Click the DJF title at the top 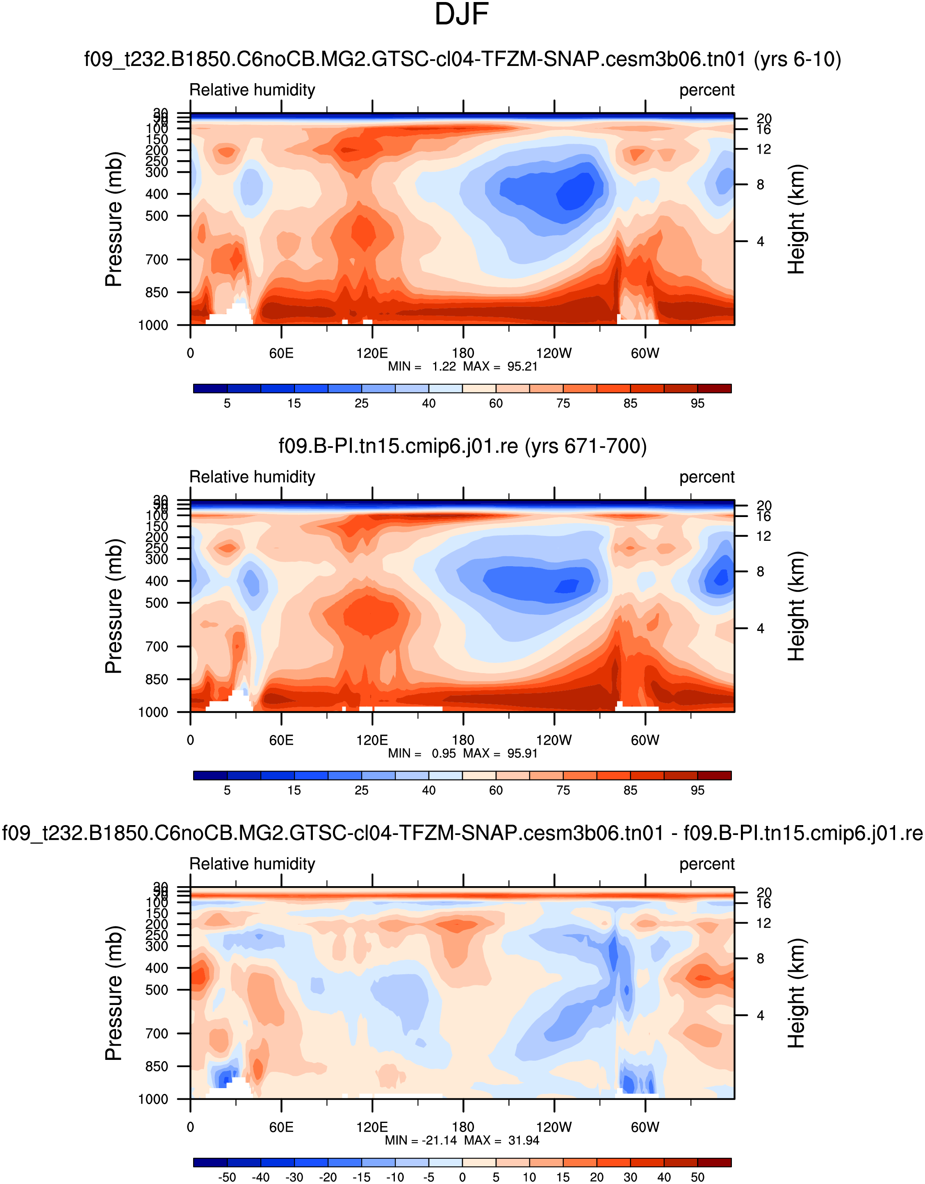(x=462, y=15)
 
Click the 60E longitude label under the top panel (x=281, y=354)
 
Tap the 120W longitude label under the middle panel (x=554, y=741)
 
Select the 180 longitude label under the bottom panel (x=463, y=1127)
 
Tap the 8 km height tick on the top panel (x=760, y=185)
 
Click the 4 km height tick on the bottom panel (x=760, y=1015)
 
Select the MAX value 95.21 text (x=522, y=367)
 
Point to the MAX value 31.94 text (x=524, y=1141)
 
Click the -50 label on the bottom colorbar (x=227, y=1177)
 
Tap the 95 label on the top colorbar (x=697, y=404)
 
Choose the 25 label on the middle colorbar (x=361, y=790)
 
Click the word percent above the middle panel (x=706, y=477)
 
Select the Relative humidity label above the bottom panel (x=252, y=864)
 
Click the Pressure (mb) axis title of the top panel (x=114, y=219)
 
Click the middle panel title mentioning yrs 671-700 (x=462, y=446)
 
